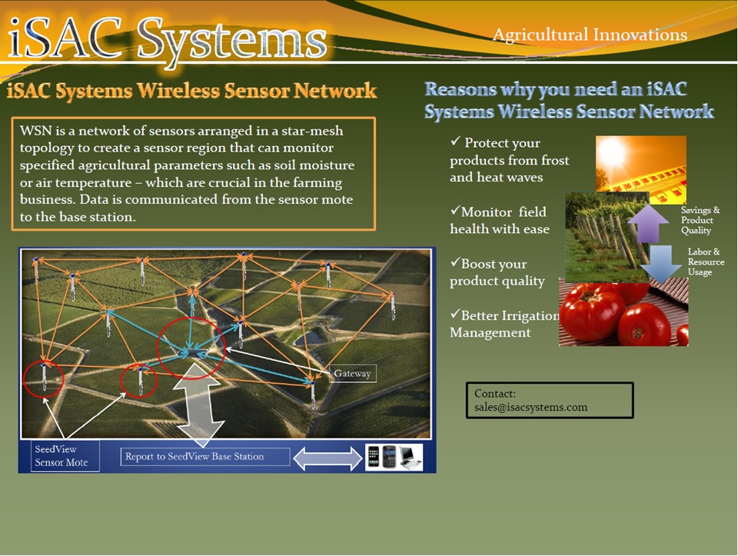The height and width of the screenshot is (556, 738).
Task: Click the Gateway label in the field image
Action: pos(353,374)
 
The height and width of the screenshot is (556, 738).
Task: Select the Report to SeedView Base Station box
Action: pos(204,457)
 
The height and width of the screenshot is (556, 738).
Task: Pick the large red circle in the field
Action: pos(191,345)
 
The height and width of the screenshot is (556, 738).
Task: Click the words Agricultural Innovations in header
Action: pos(590,35)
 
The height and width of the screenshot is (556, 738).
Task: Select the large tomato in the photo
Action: pos(592,314)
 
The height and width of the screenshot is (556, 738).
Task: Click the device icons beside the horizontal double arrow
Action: pos(393,457)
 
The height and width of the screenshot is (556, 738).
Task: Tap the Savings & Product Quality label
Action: pos(700,220)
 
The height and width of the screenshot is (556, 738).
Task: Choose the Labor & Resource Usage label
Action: pos(705,261)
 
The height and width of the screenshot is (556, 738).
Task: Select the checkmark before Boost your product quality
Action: pos(455,263)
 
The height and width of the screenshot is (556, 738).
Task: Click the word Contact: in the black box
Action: pos(495,394)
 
